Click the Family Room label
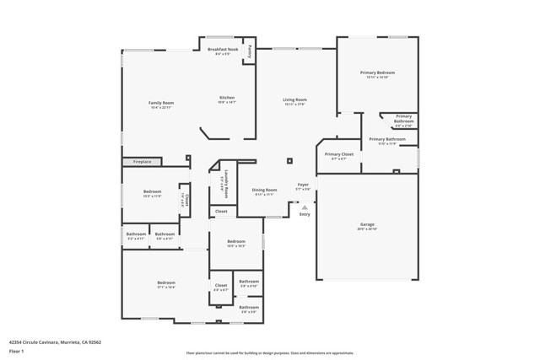pos(160,103)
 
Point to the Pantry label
pos(250,51)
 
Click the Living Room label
pos(294,99)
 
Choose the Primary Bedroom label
pos(377,73)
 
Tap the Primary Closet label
pos(339,154)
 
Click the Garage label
pos(367,224)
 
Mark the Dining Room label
pos(264,190)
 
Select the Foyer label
pos(303,184)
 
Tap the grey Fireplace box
pos(142,161)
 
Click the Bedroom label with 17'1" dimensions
pos(165,282)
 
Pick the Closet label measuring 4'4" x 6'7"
pos(221,286)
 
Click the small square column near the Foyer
pos(289,160)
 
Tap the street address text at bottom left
pos(55,342)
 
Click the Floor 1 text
pos(16,351)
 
